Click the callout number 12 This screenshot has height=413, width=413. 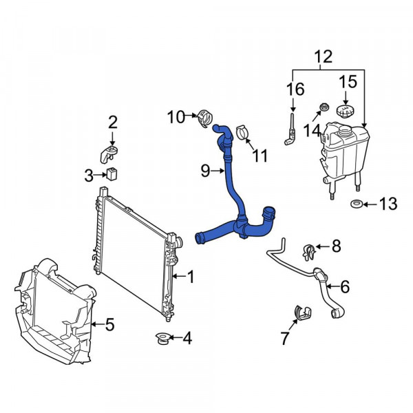tap(324, 56)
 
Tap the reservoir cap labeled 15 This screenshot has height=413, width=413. tap(346, 112)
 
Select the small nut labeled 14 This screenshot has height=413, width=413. tap(324, 107)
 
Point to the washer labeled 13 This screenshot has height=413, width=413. tap(357, 204)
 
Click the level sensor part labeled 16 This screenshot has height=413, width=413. tap(290, 129)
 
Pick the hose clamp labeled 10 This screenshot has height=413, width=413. tap(205, 118)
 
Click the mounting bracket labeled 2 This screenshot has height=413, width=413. tap(108, 153)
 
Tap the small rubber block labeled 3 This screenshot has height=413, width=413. tap(112, 173)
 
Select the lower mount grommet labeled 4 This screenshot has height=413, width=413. tap(162, 339)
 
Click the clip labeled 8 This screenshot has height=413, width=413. tap(309, 252)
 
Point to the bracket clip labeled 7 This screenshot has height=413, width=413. tap(302, 313)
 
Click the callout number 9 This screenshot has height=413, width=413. tap(205, 171)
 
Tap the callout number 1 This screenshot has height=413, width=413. tap(190, 277)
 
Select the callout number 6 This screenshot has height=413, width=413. tap(345, 286)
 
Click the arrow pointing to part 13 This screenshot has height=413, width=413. tap(370, 204)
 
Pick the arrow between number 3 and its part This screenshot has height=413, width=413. tap(100, 175)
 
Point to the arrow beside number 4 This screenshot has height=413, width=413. tap(175, 337)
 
